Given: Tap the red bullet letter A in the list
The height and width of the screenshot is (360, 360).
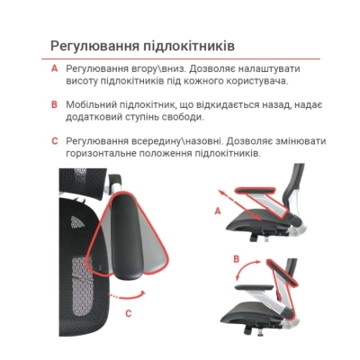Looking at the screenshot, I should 55,69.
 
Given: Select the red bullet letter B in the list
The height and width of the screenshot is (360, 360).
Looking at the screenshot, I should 55,105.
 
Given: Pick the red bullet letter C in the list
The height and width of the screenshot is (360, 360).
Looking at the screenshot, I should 55,141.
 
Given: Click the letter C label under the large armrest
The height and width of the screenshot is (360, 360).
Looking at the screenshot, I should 129,313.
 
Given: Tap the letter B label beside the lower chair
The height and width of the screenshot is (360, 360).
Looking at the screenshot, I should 236,259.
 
